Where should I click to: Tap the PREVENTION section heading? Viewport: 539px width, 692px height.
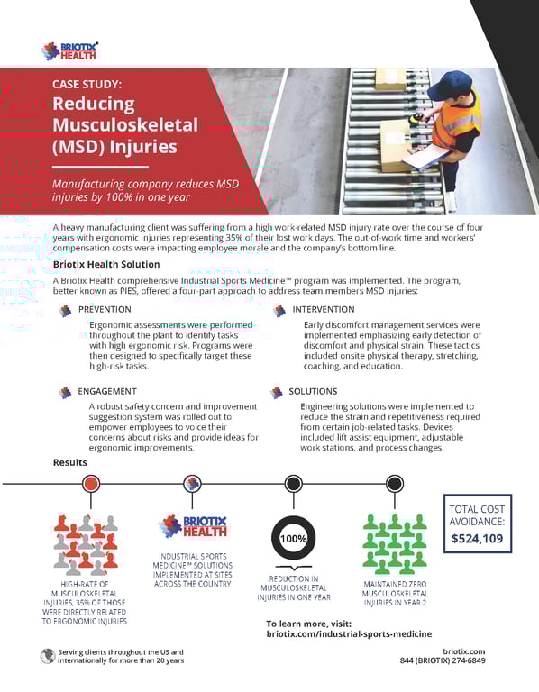point(105,310)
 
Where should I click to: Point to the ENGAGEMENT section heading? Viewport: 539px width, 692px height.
point(107,392)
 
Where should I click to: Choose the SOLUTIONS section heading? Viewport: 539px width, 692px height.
point(313,392)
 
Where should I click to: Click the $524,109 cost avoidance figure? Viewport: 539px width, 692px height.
point(478,539)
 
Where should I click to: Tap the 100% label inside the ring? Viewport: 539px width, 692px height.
point(293,538)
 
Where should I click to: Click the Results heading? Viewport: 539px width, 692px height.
point(70,462)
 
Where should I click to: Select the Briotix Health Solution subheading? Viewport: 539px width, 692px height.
point(106,264)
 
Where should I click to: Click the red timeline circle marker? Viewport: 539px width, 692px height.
point(90,484)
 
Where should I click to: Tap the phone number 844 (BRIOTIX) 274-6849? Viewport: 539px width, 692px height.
point(443,660)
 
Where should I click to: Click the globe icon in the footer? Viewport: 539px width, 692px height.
point(48,656)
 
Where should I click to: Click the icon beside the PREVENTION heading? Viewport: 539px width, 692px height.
point(64,311)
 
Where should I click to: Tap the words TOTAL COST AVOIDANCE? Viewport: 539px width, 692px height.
point(478,514)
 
